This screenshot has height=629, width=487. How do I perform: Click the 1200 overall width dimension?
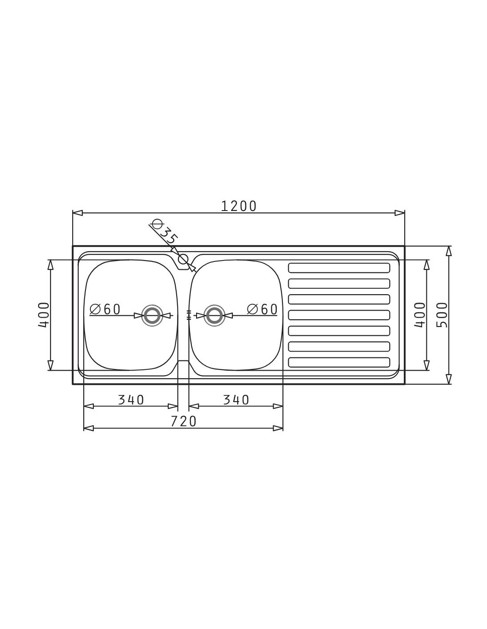click(239, 206)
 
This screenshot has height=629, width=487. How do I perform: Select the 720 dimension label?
click(183, 421)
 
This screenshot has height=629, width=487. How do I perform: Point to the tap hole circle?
click(183, 259)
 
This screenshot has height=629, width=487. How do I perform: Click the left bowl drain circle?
click(151, 315)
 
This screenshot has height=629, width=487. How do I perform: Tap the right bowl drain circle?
click(214, 315)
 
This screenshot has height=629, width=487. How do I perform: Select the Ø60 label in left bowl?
click(105, 309)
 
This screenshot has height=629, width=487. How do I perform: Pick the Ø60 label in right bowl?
click(262, 309)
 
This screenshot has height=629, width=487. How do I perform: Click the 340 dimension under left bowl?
click(131, 400)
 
